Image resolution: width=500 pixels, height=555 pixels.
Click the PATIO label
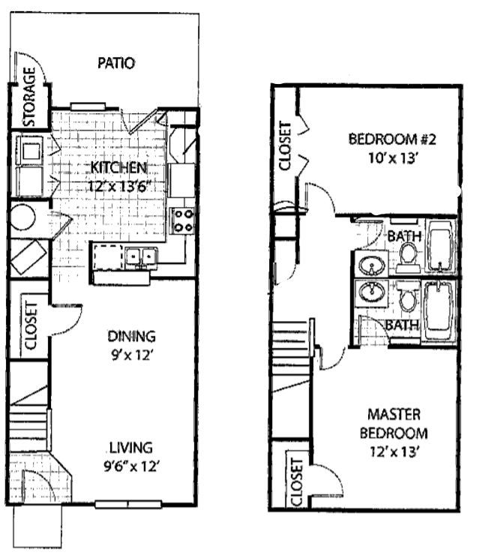click(x=116, y=63)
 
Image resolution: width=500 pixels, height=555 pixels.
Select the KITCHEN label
click(x=119, y=166)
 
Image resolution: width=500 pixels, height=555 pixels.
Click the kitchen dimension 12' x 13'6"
click(x=118, y=184)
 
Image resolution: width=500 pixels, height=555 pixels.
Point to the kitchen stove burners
click(x=184, y=220)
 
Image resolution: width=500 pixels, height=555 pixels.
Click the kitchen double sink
click(x=141, y=257)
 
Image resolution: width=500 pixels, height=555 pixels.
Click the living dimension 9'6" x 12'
click(x=130, y=466)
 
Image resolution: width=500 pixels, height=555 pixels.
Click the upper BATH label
click(x=404, y=237)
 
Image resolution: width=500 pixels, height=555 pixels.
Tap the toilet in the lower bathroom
click(x=408, y=298)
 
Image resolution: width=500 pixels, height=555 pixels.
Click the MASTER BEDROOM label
click(x=394, y=424)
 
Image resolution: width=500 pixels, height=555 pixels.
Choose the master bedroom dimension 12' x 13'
click(x=394, y=451)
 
